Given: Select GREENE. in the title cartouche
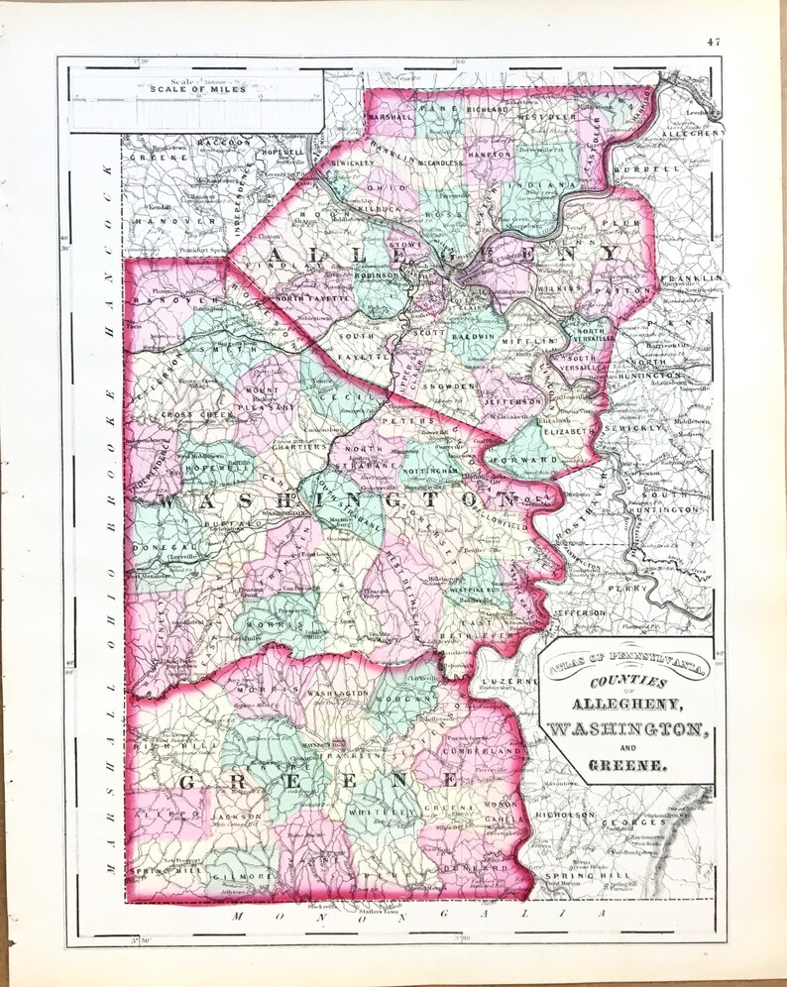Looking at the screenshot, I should coord(626,764).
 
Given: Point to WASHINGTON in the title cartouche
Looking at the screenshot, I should coord(625,729).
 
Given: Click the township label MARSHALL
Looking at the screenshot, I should coord(392,117).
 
